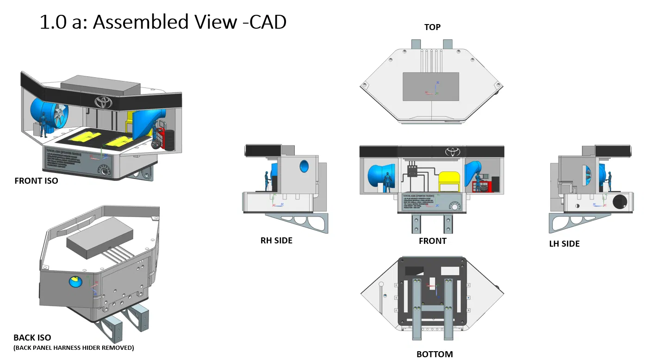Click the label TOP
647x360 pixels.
click(x=432, y=27)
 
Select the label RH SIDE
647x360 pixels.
click(x=276, y=240)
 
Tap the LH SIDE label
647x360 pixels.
click(x=564, y=243)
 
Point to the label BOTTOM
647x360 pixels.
click(x=435, y=354)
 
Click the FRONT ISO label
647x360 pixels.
click(x=37, y=181)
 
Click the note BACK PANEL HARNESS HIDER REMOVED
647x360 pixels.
click(x=74, y=348)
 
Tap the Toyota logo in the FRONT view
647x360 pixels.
click(x=452, y=151)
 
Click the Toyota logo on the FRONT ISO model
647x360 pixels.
click(x=104, y=102)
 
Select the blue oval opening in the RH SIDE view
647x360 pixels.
click(x=304, y=166)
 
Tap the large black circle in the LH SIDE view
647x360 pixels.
click(x=619, y=201)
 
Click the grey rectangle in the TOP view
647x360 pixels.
click(x=431, y=87)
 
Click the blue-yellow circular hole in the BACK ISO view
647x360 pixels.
click(x=74, y=281)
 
